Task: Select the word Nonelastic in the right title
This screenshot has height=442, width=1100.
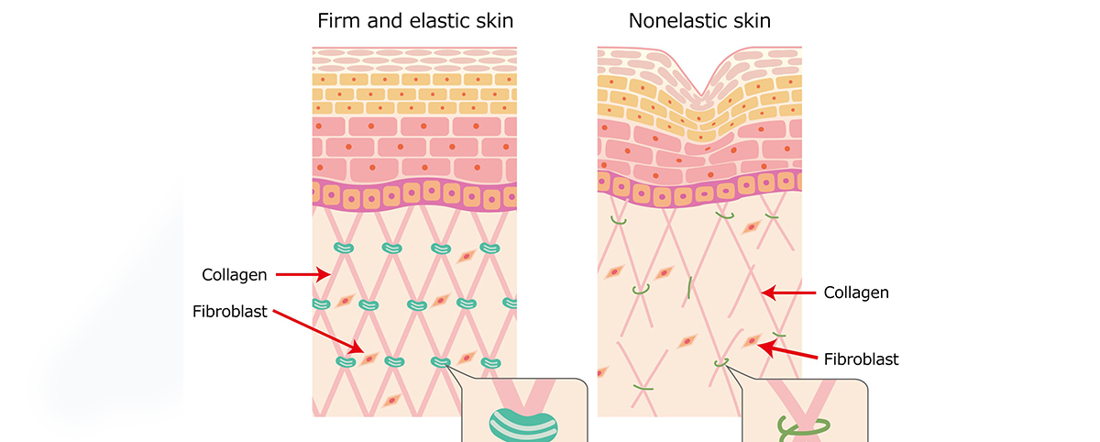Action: [677, 20]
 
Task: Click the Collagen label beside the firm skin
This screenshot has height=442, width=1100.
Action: [235, 275]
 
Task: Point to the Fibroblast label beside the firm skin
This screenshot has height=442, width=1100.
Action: [230, 312]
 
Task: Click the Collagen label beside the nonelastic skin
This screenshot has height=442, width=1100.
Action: [856, 293]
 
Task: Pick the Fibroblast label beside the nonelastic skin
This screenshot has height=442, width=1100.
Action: [861, 359]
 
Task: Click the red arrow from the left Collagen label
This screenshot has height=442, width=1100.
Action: [303, 274]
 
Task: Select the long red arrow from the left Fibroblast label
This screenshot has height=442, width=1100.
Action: [319, 332]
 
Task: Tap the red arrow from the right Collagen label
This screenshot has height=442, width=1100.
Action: [788, 293]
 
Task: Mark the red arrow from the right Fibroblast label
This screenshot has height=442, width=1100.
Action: [787, 351]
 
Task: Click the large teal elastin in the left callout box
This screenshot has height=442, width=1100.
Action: [523, 425]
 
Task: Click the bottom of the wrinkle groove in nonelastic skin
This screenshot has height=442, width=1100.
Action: [701, 94]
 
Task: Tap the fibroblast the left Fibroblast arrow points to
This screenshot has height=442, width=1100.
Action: [369, 359]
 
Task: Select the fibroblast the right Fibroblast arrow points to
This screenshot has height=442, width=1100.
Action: [752, 340]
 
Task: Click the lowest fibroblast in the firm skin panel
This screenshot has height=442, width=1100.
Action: [392, 401]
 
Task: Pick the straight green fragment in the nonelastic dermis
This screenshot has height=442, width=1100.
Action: [689, 288]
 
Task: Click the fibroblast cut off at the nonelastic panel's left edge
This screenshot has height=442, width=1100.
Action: [602, 372]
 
